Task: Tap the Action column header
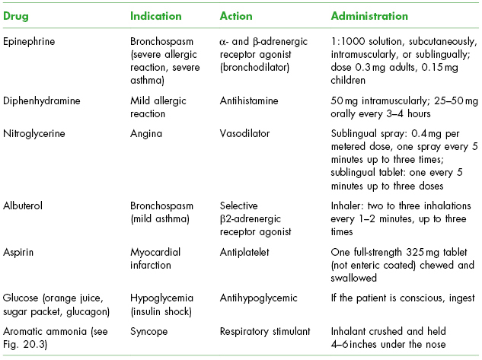(236, 16)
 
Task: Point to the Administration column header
(370, 16)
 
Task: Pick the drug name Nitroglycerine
(34, 134)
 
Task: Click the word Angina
(145, 134)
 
